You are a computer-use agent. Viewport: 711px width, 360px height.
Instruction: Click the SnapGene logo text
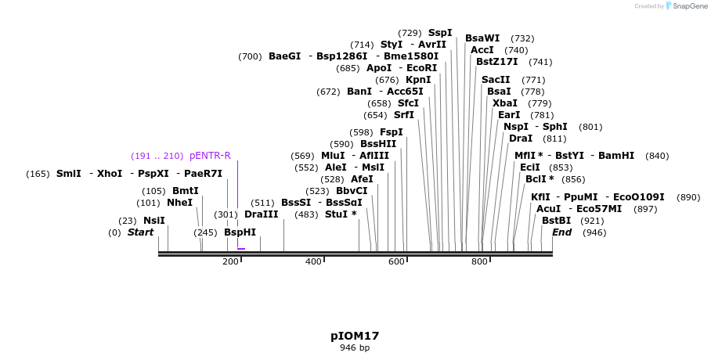(691, 6)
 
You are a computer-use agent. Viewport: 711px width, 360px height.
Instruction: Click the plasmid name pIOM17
(355, 336)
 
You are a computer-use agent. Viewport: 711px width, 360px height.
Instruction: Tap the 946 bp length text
(355, 347)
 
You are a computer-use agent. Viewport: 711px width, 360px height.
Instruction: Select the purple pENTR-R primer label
(210, 156)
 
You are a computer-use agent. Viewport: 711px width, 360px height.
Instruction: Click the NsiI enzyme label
(153, 221)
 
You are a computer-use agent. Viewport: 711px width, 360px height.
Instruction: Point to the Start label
(140, 232)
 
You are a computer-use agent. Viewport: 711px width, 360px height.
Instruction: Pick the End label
(561, 232)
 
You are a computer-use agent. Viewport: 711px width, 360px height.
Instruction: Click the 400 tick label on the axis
(313, 261)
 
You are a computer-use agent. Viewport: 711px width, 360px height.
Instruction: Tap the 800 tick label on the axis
(479, 261)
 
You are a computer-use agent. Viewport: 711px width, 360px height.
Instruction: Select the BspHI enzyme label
(240, 232)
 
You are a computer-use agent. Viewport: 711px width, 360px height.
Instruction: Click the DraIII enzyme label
(261, 214)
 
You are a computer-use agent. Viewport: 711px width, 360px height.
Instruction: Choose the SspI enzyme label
(439, 33)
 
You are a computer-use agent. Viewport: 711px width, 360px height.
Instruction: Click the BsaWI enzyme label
(482, 38)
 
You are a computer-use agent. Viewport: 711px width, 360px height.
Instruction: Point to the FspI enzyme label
(391, 132)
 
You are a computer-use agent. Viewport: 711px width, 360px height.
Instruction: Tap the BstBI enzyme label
(556, 221)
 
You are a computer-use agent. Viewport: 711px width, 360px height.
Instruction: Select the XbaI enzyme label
(504, 103)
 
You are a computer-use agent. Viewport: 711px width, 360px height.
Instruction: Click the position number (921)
(591, 221)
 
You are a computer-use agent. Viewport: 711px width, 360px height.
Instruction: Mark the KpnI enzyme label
(417, 80)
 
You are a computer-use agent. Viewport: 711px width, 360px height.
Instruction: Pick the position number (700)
(250, 56)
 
